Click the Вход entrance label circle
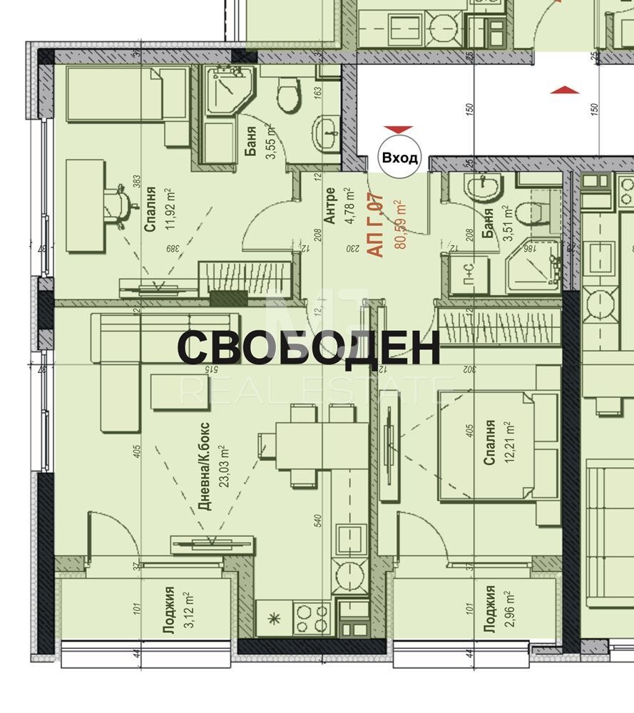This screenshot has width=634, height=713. click(x=400, y=158)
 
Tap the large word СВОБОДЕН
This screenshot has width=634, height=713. click(x=308, y=349)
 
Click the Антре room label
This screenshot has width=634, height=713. click(x=330, y=206)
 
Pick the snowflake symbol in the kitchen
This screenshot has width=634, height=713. click(x=272, y=619)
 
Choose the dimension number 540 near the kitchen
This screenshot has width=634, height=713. click(x=319, y=524)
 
